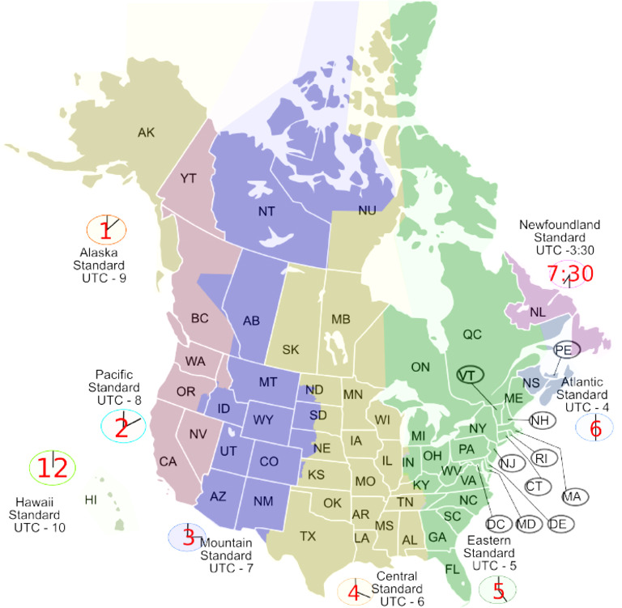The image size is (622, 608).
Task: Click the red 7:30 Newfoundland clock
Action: (x=569, y=274)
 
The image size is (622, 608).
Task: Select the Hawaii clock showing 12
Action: (x=53, y=466)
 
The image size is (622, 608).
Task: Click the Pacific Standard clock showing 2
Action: (x=123, y=426)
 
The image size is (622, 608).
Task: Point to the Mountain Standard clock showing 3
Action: (x=188, y=537)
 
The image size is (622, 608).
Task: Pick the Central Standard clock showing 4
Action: (x=354, y=592)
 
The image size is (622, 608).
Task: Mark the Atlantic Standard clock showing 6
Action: (x=595, y=427)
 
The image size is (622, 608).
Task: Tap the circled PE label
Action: (x=564, y=350)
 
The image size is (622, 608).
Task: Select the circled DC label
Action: (x=496, y=524)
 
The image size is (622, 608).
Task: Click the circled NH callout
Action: (x=542, y=420)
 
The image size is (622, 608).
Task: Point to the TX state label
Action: (x=308, y=535)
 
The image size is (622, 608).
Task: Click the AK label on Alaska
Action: (x=146, y=132)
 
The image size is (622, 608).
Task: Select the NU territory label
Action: (x=367, y=210)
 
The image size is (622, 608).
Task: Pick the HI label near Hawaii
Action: (x=91, y=500)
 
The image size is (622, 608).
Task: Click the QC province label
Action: (x=472, y=334)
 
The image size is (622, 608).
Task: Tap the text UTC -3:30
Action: (x=563, y=252)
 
